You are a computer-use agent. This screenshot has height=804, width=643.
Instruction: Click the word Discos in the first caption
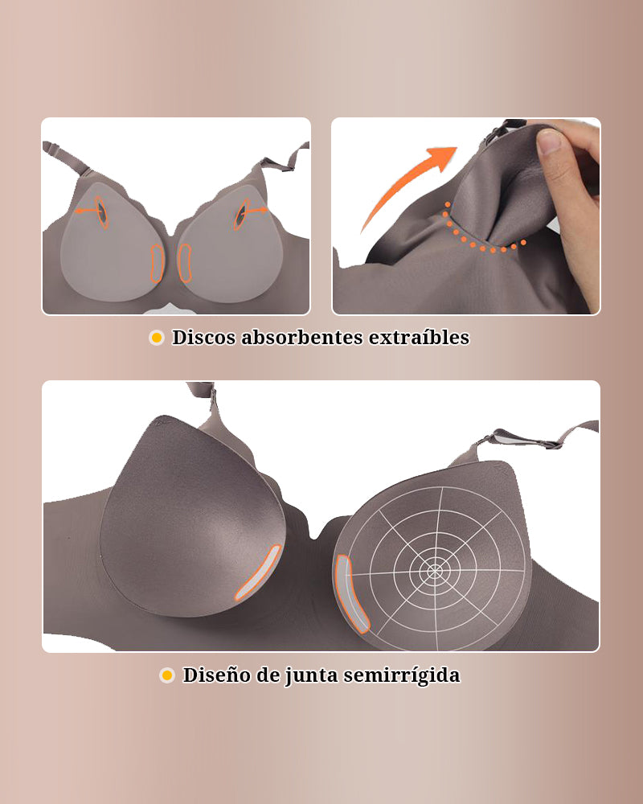pyautogui.click(x=204, y=338)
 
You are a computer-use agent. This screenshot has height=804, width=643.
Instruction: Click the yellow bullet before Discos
pyautogui.click(x=157, y=338)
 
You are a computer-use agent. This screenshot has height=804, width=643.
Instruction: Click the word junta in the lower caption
pyautogui.click(x=310, y=675)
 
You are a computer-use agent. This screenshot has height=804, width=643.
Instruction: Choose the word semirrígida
pyautogui.click(x=402, y=675)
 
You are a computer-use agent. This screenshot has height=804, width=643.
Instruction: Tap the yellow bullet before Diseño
pyautogui.click(x=167, y=675)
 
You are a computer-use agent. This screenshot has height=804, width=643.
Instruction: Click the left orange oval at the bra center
pyautogui.click(x=157, y=262)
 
